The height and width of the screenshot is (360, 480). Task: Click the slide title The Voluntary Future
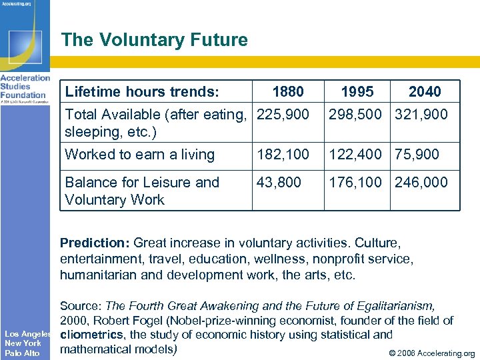point(154,40)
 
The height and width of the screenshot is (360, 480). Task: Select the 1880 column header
point(288,91)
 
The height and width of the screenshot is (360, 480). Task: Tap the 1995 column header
point(357,91)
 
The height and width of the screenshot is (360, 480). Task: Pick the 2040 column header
point(425,91)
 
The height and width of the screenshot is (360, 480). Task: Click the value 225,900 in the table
point(283,115)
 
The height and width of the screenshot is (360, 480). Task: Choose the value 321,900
point(421,115)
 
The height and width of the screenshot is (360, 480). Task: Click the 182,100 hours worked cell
point(283,155)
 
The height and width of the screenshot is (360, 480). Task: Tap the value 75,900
point(417,155)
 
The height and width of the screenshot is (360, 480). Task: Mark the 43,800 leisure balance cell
point(279,182)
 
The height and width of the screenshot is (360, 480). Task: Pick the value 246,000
point(421,182)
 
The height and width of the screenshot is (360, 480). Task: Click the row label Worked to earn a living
point(139,155)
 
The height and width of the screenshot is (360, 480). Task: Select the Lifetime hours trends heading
point(143,91)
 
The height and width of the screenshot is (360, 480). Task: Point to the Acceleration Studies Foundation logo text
point(25,87)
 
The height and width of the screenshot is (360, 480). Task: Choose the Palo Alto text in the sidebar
point(22,353)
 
